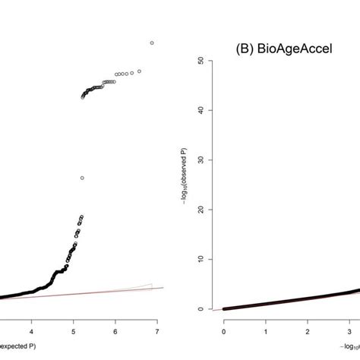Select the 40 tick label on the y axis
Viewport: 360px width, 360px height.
point(200,109)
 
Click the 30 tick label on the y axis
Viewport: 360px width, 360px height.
point(200,159)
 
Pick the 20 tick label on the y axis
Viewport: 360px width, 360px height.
point(200,210)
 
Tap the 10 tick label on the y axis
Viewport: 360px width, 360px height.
point(200,259)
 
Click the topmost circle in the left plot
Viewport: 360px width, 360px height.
point(152,43)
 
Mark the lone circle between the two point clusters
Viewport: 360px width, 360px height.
point(81,178)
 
